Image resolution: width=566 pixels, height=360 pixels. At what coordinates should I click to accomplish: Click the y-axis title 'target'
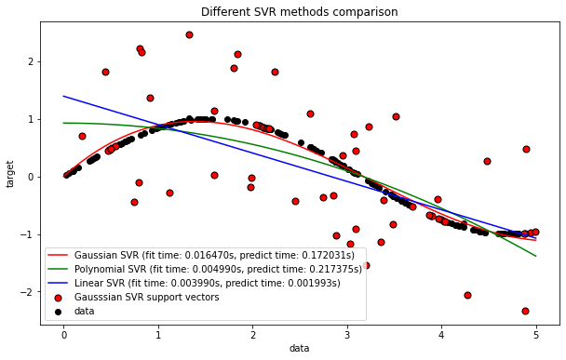click(x=10, y=173)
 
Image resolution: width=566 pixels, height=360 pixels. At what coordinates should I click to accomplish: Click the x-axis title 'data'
click(x=300, y=349)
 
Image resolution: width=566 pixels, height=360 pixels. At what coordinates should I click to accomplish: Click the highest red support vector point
click(x=189, y=34)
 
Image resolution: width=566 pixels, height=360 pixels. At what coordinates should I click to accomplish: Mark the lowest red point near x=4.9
click(x=526, y=311)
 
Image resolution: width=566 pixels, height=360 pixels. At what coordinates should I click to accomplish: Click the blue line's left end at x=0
click(x=64, y=96)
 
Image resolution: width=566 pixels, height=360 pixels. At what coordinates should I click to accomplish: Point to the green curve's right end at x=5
click(x=535, y=256)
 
